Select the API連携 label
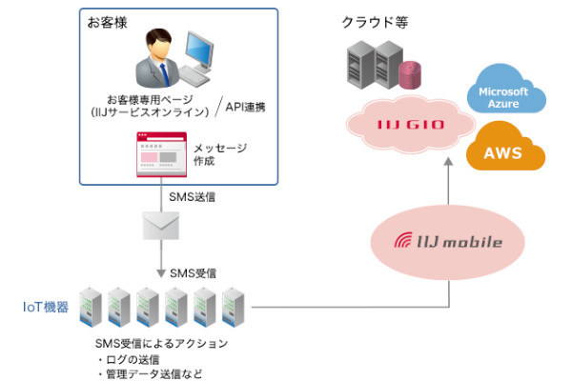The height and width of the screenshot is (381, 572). pyautogui.click(x=242, y=107)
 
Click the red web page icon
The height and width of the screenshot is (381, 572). pyautogui.click(x=160, y=153)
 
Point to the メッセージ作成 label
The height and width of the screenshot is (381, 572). pyautogui.click(x=220, y=154)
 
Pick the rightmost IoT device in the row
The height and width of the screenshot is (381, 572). pyautogui.click(x=235, y=305)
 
